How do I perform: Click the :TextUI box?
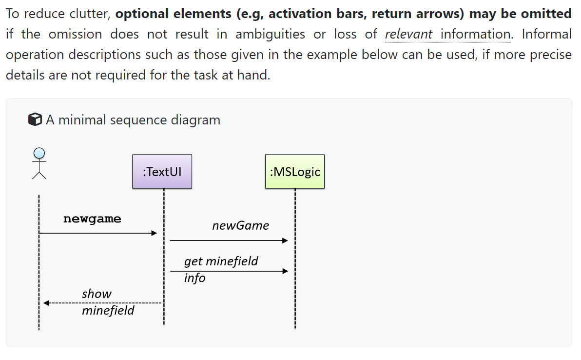coord(162,171)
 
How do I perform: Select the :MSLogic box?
coord(294,171)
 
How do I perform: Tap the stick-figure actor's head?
coord(39,153)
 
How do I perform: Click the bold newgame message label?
coord(92,219)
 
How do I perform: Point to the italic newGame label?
coord(240,225)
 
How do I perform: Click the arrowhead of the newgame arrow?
coord(154,233)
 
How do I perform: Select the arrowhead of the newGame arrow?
coord(286,240)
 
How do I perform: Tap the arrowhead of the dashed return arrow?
coord(46,303)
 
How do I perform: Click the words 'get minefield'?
coord(221,261)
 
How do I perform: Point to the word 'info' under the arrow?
coord(194,278)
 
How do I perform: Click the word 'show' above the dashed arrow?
coord(97,294)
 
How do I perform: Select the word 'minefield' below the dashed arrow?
coord(108,311)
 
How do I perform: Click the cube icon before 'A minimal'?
coord(35,120)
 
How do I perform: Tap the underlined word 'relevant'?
coord(408,34)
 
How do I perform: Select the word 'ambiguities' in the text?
coord(270,34)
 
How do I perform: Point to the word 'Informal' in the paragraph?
coord(547,34)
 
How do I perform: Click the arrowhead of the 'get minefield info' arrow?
coord(286,271)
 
